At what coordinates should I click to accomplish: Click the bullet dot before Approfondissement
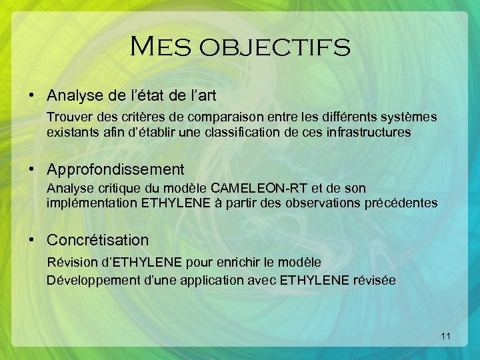(32, 170)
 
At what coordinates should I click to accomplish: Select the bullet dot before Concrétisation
(32, 239)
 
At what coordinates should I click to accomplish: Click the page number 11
(446, 337)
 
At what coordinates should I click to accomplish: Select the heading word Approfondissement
(115, 170)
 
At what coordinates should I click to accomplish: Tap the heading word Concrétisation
(97, 239)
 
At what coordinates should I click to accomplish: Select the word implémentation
(92, 203)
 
